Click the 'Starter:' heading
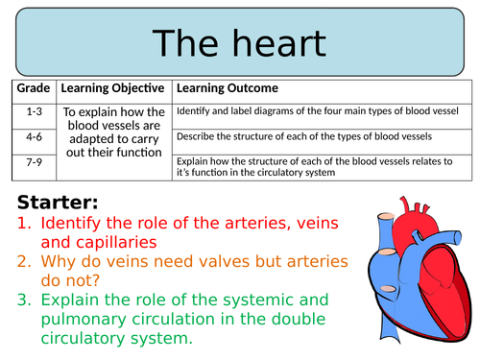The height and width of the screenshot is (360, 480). click(56, 203)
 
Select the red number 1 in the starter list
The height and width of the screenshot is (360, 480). click(25, 223)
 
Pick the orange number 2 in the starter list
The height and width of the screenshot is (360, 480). click(25, 262)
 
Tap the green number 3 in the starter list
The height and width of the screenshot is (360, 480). click(25, 300)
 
